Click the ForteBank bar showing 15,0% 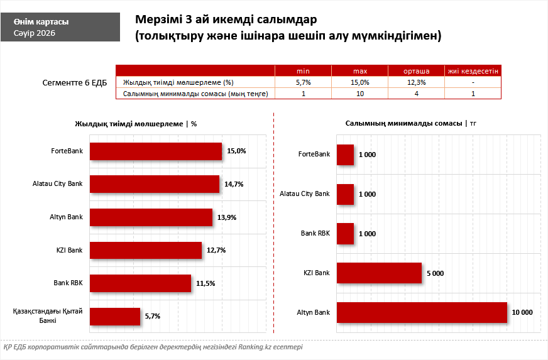(156, 151)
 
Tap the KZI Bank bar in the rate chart (146, 250)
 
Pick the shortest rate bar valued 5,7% (115, 317)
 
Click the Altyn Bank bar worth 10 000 (422, 312)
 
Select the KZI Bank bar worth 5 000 (379, 273)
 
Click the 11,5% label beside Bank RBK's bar (205, 283)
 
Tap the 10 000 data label (523, 312)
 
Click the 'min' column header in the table (304, 71)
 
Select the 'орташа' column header (417, 71)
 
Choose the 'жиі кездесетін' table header (473, 71)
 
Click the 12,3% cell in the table (417, 82)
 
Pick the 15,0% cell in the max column (360, 82)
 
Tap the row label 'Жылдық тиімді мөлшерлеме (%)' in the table (178, 82)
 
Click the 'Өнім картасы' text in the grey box (41, 22)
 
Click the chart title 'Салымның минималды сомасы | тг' (410, 124)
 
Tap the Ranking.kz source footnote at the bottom (153, 347)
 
